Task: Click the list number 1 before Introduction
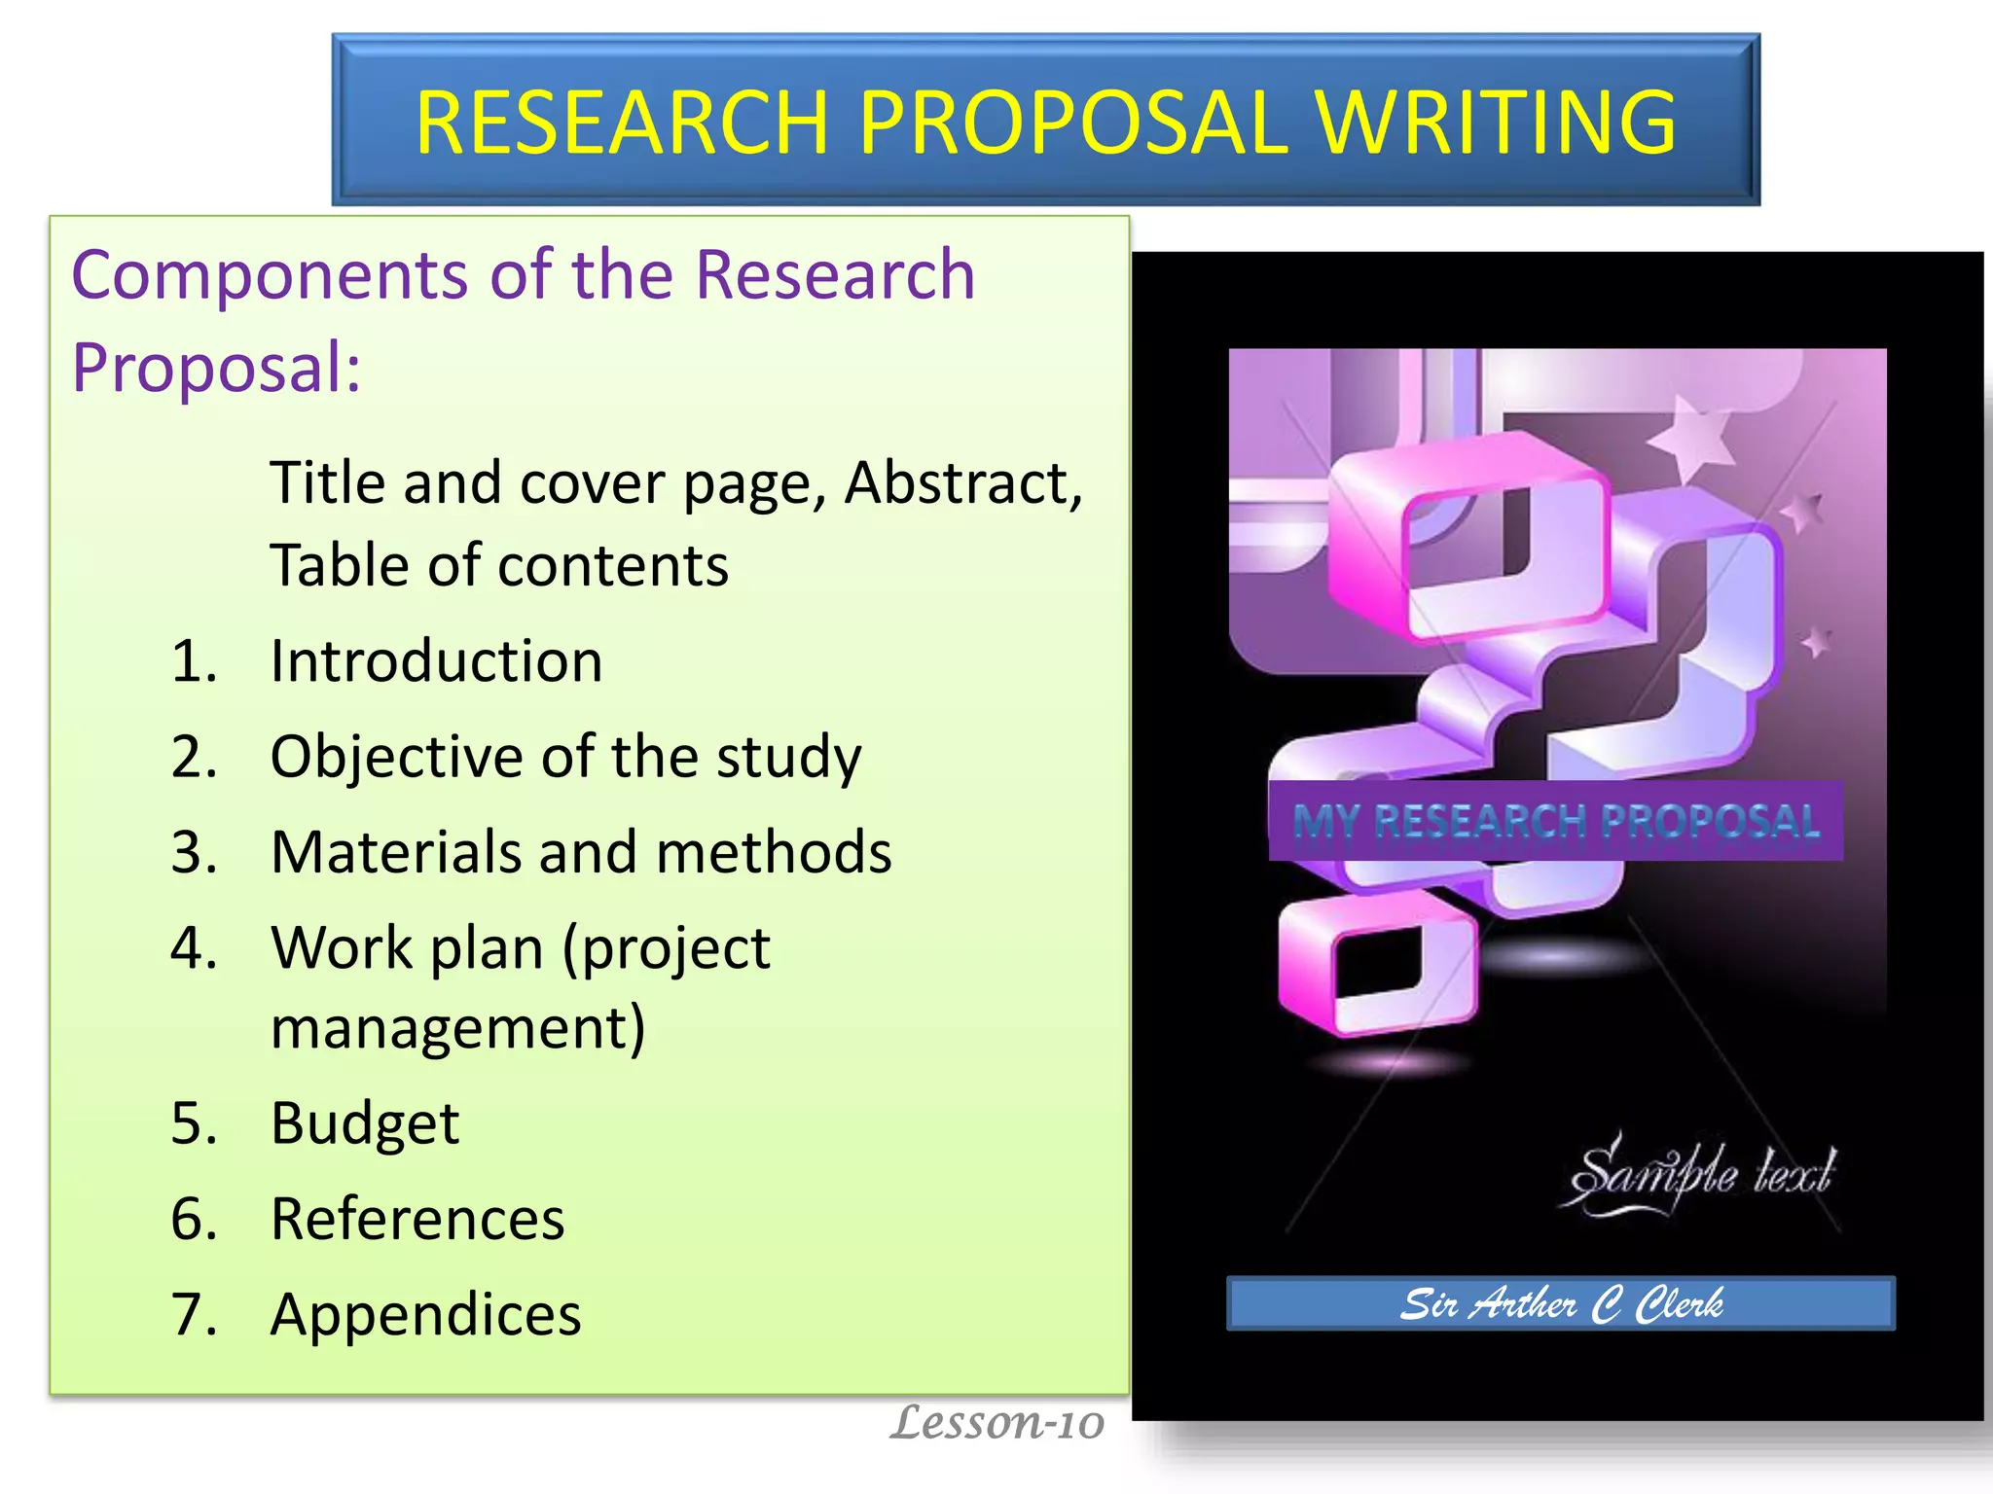pyautogui.click(x=194, y=661)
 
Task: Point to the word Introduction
pyautogui.click(x=436, y=661)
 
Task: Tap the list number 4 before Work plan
pyautogui.click(x=194, y=947)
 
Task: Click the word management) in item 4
pyautogui.click(x=457, y=1029)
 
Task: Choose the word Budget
pyautogui.click(x=364, y=1123)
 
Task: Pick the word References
pyautogui.click(x=417, y=1219)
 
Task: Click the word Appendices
pyautogui.click(x=425, y=1315)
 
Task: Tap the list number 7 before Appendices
pyautogui.click(x=194, y=1314)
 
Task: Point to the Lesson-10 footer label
pyautogui.click(x=997, y=1422)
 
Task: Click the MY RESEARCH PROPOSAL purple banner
pyautogui.click(x=1555, y=821)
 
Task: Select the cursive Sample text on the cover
pyautogui.click(x=1701, y=1175)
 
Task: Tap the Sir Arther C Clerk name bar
pyautogui.click(x=1561, y=1303)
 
